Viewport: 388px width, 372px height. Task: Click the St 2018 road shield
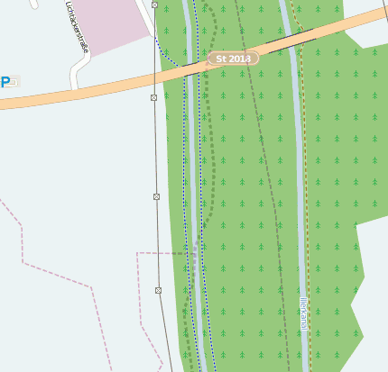pyautogui.click(x=233, y=59)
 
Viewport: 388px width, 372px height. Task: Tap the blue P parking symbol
pyautogui.click(x=5, y=82)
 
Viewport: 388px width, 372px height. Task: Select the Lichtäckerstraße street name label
pyautogui.click(x=77, y=28)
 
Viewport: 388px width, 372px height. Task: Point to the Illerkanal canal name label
pyautogui.click(x=303, y=313)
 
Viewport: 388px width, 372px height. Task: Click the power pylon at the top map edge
pyautogui.click(x=154, y=5)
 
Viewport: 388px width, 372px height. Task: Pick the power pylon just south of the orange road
pyautogui.click(x=153, y=97)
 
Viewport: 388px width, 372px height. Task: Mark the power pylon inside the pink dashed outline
pyautogui.click(x=158, y=290)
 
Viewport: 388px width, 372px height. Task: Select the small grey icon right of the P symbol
pyautogui.click(x=15, y=82)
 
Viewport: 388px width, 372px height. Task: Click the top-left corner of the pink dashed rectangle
pyautogui.click(x=137, y=253)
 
